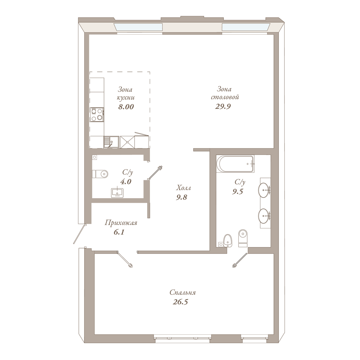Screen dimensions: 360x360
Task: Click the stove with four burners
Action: [x=97, y=115]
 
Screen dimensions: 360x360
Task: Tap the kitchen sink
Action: [x=111, y=142]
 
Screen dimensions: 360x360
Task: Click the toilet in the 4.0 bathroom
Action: [x=100, y=174]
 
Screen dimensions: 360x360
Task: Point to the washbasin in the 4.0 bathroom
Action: [x=117, y=193]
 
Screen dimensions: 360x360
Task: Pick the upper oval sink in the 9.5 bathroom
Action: [x=264, y=190]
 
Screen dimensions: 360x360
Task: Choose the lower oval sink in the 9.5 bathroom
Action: [x=264, y=216]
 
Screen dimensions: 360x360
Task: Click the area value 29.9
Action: [x=223, y=106]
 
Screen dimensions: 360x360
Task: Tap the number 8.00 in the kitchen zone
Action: [x=126, y=107]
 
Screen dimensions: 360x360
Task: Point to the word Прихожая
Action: [x=121, y=223]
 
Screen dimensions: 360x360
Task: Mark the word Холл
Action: [x=183, y=188]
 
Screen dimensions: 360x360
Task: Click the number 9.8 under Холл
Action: [x=181, y=197]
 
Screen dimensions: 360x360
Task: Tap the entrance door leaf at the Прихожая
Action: [x=79, y=234]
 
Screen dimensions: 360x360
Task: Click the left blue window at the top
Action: [x=138, y=27]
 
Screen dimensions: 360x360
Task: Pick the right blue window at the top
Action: [x=246, y=27]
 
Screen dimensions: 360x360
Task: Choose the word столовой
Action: [x=225, y=97]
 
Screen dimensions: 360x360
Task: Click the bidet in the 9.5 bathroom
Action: [x=228, y=241]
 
